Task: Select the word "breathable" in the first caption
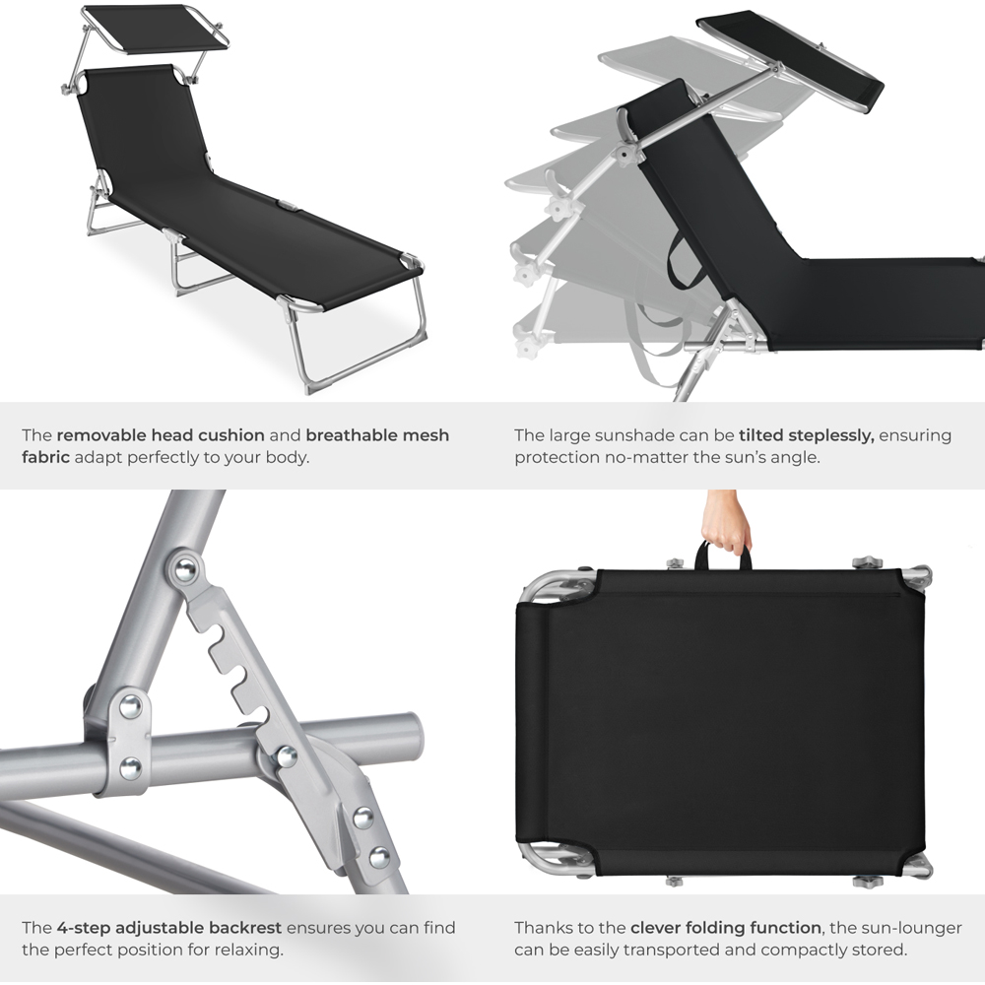[350, 434]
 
